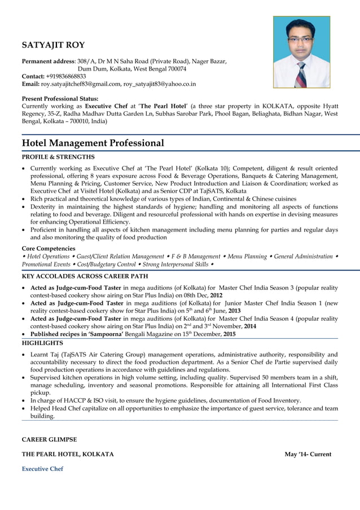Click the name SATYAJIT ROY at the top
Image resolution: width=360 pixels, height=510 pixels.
click(x=53, y=45)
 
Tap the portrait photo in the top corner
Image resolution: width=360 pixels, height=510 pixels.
click(x=301, y=52)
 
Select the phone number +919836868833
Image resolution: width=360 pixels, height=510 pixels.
click(x=67, y=76)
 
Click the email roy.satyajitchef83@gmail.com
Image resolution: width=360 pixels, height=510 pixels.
click(x=81, y=84)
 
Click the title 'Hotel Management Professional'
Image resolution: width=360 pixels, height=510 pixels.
click(x=93, y=143)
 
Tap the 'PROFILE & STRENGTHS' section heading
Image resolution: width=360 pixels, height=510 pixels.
click(x=58, y=157)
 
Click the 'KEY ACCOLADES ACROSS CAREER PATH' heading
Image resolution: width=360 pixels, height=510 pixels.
click(x=85, y=276)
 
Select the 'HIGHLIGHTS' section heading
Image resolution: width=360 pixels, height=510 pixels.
click(x=42, y=343)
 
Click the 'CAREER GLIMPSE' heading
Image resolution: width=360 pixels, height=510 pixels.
click(x=49, y=439)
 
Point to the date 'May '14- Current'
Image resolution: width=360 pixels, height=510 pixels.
click(x=308, y=454)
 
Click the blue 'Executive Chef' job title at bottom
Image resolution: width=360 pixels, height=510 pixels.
click(x=42, y=469)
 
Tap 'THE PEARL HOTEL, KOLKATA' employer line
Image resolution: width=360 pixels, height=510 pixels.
click(x=67, y=454)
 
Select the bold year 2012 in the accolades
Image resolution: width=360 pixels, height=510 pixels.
click(x=216, y=295)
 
